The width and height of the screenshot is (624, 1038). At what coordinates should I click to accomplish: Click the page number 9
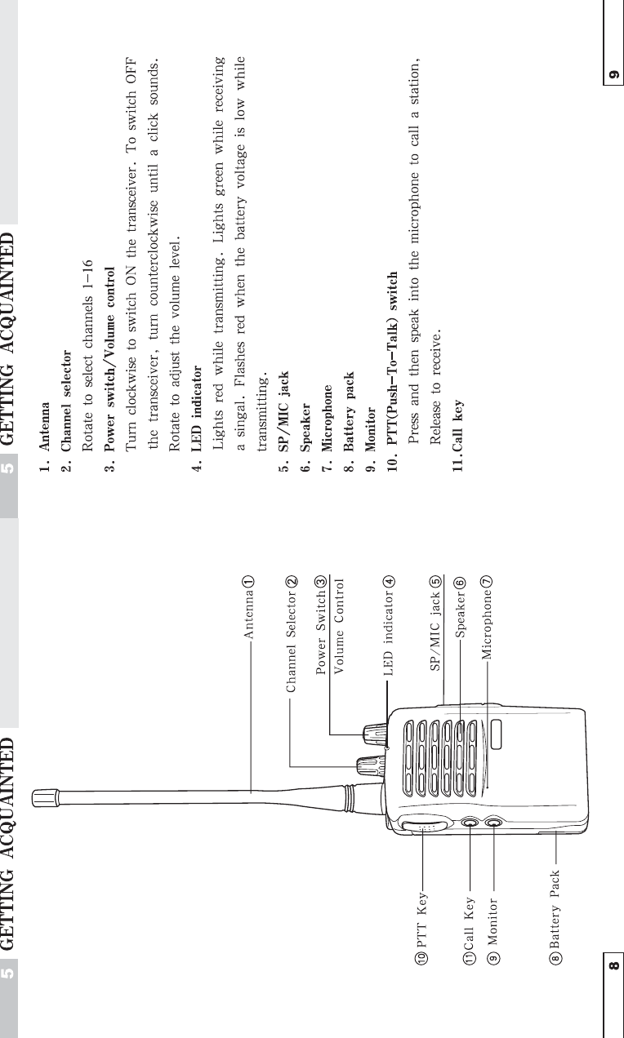point(613,75)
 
